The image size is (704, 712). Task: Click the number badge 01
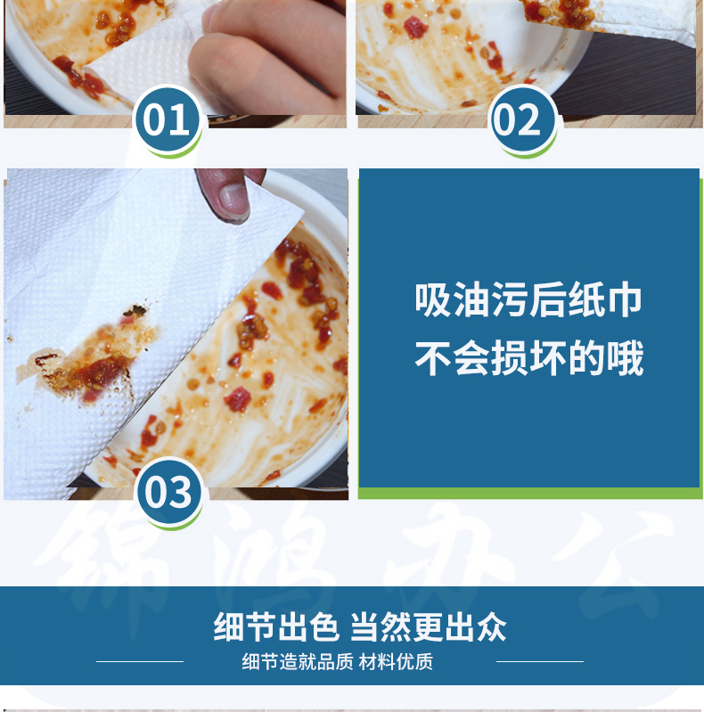(168, 120)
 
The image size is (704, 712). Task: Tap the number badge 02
(522, 120)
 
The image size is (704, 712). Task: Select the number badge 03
(170, 493)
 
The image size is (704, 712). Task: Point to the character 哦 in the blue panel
(626, 358)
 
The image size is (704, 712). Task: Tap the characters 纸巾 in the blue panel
(605, 299)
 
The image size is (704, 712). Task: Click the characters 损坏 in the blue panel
(528, 358)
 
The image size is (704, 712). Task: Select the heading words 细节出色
(276, 626)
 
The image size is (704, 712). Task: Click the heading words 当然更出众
(429, 626)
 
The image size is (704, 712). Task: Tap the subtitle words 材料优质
(396, 661)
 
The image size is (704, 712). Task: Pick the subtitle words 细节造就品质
(298, 661)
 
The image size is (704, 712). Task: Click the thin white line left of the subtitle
(140, 661)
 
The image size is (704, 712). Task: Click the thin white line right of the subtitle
(540, 661)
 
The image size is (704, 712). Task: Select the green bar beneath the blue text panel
(529, 493)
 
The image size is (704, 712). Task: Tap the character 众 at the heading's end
(491, 626)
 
